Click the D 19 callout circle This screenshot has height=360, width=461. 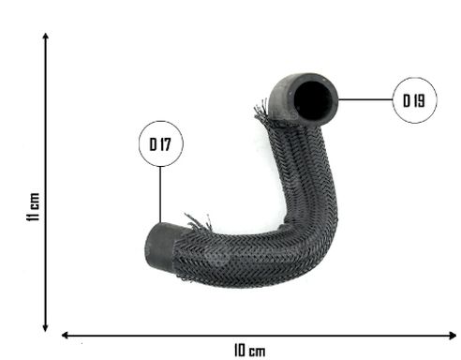pos(414,78)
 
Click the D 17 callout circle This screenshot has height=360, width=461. pos(161,121)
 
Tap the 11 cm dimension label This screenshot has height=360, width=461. pos(33,207)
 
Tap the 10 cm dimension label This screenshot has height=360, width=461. pos(249,351)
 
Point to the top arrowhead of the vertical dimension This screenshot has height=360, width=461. pos(46,36)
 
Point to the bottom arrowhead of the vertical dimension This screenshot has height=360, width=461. pos(46,328)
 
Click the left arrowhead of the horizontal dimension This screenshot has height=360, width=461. pos(65,336)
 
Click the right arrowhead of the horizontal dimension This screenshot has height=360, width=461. pos(453,336)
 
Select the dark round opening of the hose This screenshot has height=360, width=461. pos(313,99)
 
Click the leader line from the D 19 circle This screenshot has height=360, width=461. pos(365,99)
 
